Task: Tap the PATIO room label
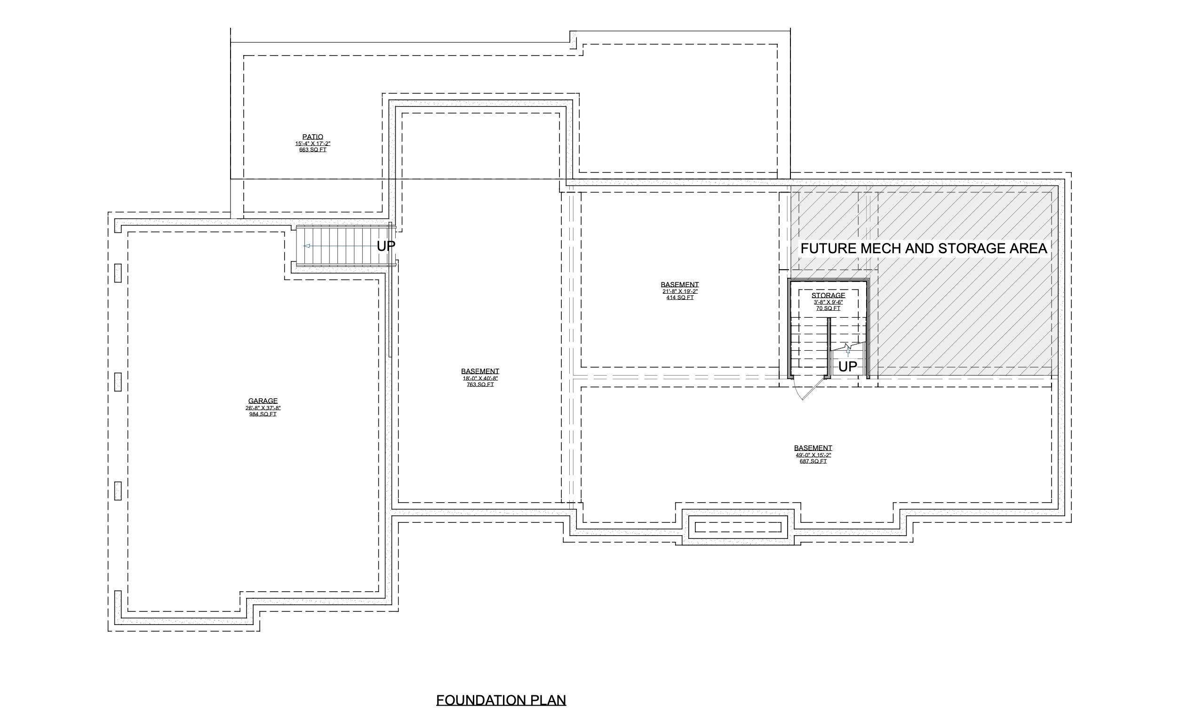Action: (x=312, y=137)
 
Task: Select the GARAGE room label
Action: (x=263, y=401)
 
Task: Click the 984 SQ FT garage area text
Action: (x=263, y=414)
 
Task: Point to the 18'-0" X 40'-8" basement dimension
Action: (x=480, y=378)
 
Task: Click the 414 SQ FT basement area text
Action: (x=679, y=297)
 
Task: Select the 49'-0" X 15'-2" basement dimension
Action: (x=813, y=455)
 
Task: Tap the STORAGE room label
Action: (x=828, y=296)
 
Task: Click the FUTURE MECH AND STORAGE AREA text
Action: (x=923, y=249)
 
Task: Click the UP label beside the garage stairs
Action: (x=386, y=246)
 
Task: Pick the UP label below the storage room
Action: (x=848, y=367)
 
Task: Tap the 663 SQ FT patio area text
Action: (x=312, y=150)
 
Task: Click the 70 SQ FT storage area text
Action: (x=828, y=308)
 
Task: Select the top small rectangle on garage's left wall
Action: (x=118, y=273)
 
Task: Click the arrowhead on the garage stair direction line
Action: (x=306, y=246)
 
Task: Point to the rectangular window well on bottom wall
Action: (x=738, y=527)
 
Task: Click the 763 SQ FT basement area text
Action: (x=480, y=385)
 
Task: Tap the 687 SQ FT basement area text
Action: (x=813, y=462)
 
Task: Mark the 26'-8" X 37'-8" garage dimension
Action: (x=263, y=408)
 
